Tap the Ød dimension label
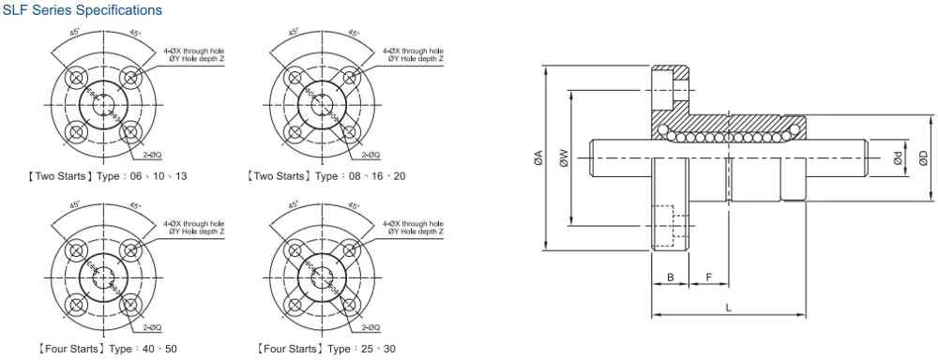click(898, 159)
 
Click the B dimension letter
click(670, 277)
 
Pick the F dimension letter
click(709, 277)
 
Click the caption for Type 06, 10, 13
click(109, 176)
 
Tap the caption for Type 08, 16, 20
click(325, 176)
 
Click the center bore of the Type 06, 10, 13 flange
click(102, 104)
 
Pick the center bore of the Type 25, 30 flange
click(318, 277)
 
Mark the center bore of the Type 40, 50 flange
click(102, 277)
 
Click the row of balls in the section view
click(727, 137)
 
